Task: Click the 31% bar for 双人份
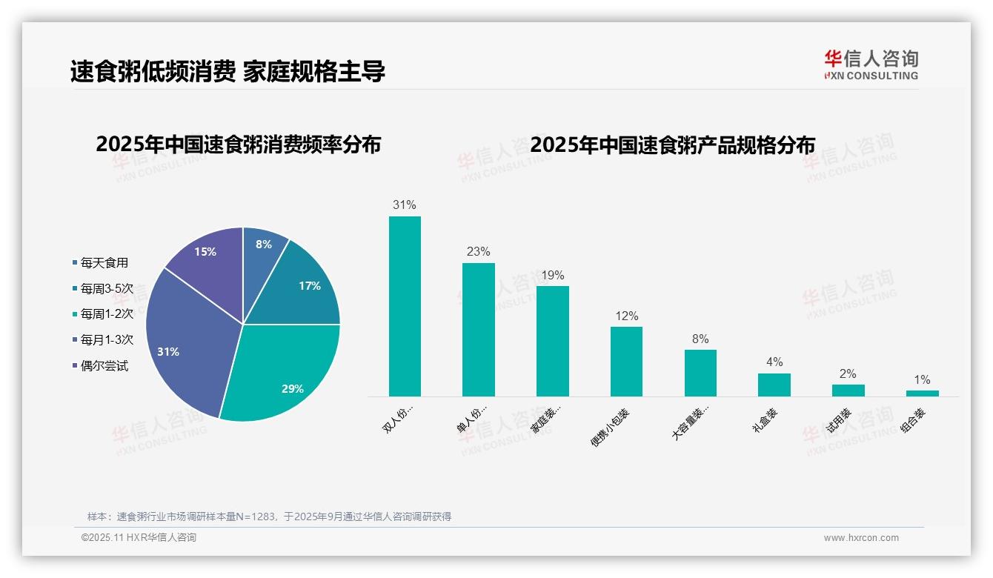[x=405, y=306]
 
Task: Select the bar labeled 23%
[x=478, y=330]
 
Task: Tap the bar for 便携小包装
[x=626, y=362]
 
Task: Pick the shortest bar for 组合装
[x=922, y=393]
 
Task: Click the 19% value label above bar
[x=552, y=275]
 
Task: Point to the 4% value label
[x=774, y=362]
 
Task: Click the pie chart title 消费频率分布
[x=238, y=144]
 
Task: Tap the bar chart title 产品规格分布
[x=672, y=144]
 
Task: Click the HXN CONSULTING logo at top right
[x=871, y=65]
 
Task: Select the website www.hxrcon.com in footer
[x=861, y=538]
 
